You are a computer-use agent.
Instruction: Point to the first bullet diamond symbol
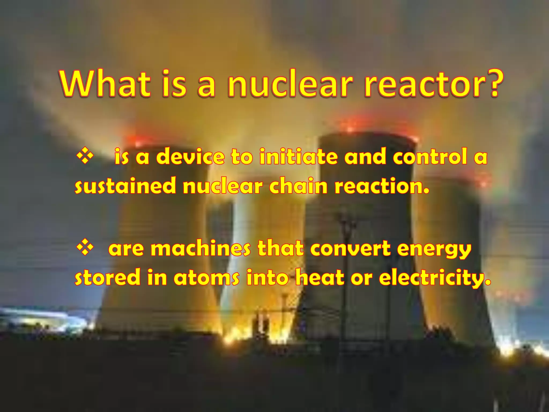pos(85,156)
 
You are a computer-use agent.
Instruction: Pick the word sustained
pos(125,186)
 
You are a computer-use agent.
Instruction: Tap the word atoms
pos(206,278)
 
